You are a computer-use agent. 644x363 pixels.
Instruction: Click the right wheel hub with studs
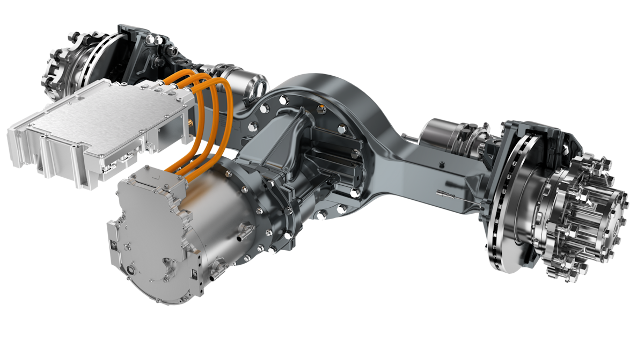580,215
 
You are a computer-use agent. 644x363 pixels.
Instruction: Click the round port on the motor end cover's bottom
132,268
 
